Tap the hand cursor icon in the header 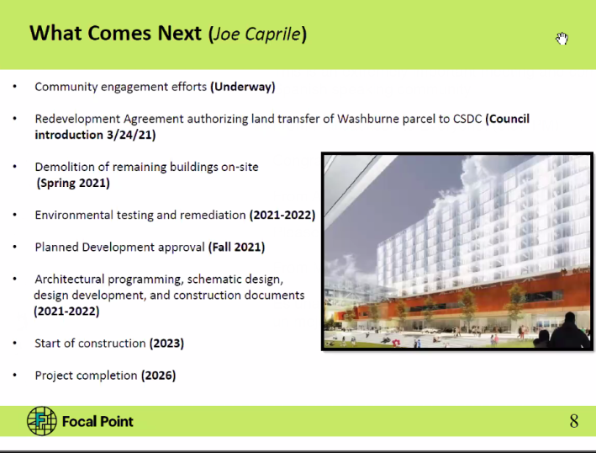pos(562,39)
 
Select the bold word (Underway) pos(242,87)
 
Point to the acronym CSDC pos(467,119)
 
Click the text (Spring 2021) pos(73,183)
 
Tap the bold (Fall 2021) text pos(236,248)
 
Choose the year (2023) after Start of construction pos(166,344)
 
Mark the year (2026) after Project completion pos(159,376)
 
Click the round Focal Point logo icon pos(42,421)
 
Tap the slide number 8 pos(574,421)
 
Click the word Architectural pos(69,280)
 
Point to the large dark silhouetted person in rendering pos(570,330)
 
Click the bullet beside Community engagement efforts pos(15,87)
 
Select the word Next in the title pos(179,33)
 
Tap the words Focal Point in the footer pos(98,421)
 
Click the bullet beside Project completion pos(15,376)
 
